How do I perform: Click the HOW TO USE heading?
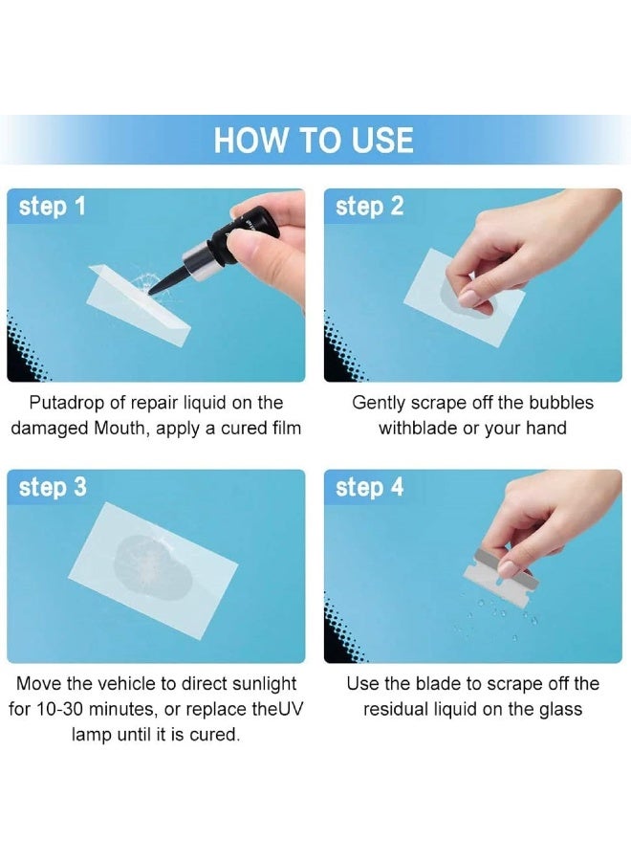tap(314, 140)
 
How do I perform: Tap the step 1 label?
tap(53, 206)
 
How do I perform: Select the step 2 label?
tap(369, 206)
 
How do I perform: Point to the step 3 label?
tap(53, 487)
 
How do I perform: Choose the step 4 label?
tap(369, 487)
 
